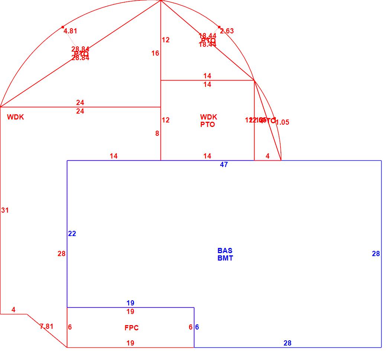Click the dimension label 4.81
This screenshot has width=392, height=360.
click(70, 31)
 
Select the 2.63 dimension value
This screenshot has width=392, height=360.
click(227, 31)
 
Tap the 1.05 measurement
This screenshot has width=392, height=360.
click(282, 122)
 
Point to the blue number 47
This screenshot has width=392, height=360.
click(224, 165)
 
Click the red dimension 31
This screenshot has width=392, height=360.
click(5, 210)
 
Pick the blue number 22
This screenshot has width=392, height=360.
click(72, 234)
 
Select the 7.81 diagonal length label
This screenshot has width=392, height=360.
click(46, 327)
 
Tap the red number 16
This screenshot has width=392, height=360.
click(155, 53)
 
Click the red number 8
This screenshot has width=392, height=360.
click(157, 134)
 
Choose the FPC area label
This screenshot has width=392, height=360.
click(132, 328)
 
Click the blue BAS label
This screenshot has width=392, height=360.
click(225, 251)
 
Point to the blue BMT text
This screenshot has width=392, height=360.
click(225, 258)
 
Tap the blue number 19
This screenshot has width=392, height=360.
click(130, 303)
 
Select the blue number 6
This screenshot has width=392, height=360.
click(197, 327)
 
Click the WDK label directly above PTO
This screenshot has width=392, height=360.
click(208, 117)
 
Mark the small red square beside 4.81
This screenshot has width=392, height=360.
click(63, 27)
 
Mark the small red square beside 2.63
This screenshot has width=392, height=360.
click(219, 27)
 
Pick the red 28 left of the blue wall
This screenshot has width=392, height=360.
click(61, 254)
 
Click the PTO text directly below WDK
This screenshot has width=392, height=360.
click(207, 125)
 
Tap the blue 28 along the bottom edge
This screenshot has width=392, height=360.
click(288, 343)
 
